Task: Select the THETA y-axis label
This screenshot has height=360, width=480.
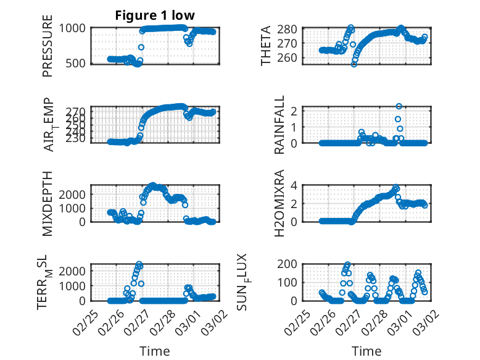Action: click(x=266, y=45)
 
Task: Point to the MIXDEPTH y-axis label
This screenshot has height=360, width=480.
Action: click(x=48, y=203)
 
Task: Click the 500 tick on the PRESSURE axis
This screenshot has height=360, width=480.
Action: click(x=77, y=63)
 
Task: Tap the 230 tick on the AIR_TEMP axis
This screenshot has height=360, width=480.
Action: click(x=77, y=139)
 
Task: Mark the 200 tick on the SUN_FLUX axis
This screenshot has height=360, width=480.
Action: click(x=291, y=264)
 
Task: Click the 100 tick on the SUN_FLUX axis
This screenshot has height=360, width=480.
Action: click(x=291, y=282)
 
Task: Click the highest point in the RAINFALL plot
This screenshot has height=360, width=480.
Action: click(x=399, y=106)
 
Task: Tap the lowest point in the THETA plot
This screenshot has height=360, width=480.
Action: click(x=354, y=64)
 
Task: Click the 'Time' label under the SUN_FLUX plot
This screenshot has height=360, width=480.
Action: click(x=366, y=351)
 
